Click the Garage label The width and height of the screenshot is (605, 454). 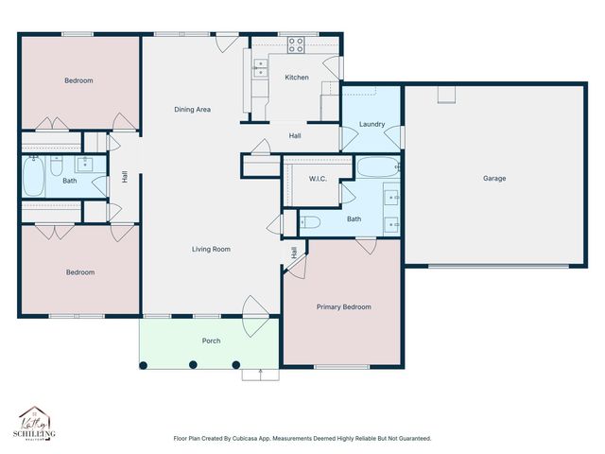(493, 178)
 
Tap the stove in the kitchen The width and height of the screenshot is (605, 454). (296, 43)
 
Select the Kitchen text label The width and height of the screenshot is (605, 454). (297, 78)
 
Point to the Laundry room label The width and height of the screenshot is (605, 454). (371, 124)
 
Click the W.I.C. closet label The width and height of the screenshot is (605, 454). (318, 178)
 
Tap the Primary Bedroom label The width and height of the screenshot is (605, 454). (343, 306)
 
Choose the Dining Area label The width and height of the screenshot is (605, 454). (192, 110)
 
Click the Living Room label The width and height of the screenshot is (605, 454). (211, 249)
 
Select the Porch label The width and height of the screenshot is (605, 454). (211, 340)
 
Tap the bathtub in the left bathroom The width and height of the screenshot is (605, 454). (33, 176)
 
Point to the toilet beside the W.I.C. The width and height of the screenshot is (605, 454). (311, 223)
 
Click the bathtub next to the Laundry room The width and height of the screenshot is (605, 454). (378, 168)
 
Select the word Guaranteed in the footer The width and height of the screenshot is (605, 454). (411, 438)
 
